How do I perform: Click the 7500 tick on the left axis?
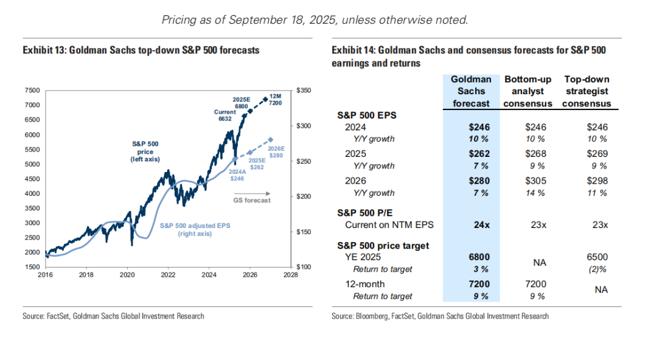tap(32, 90)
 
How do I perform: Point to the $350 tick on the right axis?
tap(304, 90)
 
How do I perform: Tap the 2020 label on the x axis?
tap(127, 275)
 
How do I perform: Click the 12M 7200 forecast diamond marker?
tap(265, 99)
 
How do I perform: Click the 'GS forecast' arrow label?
tap(252, 199)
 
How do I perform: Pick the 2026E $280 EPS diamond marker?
tap(271, 139)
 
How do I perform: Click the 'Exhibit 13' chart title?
tap(141, 50)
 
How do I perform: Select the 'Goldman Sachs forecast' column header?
tap(471, 91)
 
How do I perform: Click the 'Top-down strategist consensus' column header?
tap(586, 91)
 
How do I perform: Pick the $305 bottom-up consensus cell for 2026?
tap(535, 181)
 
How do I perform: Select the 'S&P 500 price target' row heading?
tap(383, 246)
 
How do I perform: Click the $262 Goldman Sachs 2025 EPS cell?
tap(478, 154)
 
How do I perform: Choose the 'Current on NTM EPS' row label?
tap(389, 224)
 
